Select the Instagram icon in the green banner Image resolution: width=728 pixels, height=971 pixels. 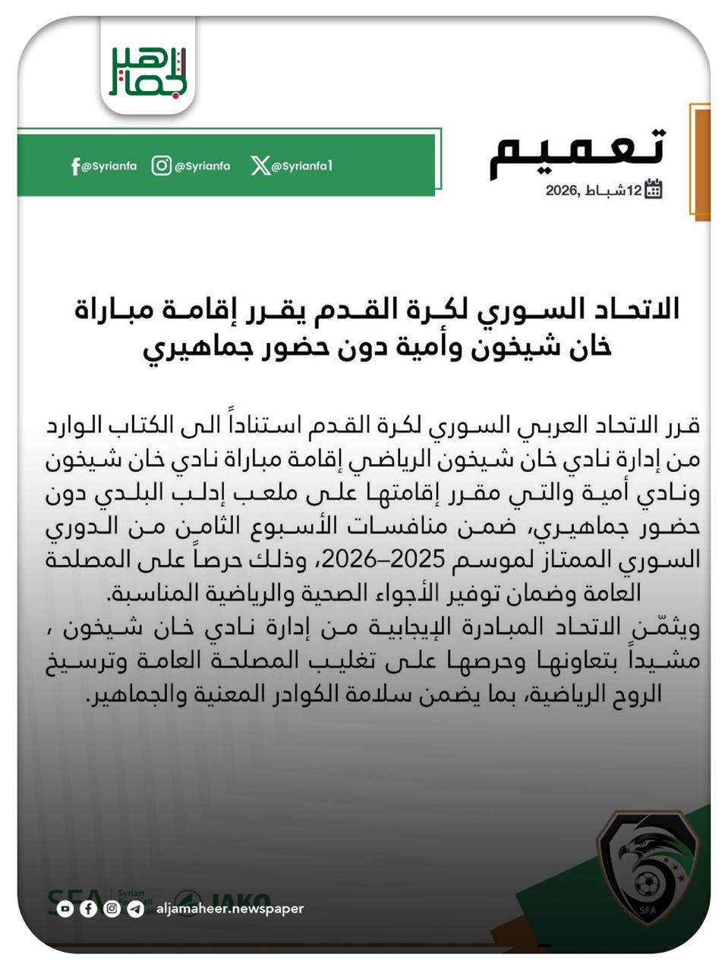(161, 165)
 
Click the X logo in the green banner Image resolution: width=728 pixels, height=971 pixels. (260, 166)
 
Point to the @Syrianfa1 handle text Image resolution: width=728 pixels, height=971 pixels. (302, 166)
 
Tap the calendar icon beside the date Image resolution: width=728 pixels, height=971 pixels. (653, 190)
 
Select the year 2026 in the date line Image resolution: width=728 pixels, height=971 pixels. (563, 190)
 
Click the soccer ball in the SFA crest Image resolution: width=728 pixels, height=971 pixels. (648, 883)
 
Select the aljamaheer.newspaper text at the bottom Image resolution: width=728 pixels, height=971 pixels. (230, 908)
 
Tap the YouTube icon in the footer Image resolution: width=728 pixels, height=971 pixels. (65, 908)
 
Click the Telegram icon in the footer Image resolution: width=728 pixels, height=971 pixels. (135, 908)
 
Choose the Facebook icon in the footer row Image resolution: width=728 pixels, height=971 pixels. (89, 908)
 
